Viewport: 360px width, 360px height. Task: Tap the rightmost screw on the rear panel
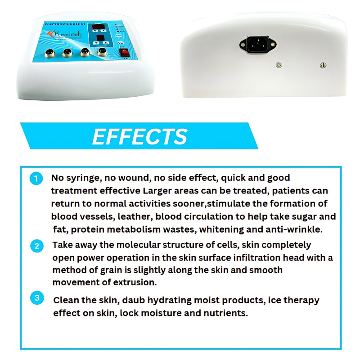point(322,65)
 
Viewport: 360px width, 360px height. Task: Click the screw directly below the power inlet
point(279,65)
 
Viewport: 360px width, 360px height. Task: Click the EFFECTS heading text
point(139,137)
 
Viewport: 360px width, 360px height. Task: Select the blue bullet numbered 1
point(36,178)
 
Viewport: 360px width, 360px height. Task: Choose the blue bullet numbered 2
point(37,246)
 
